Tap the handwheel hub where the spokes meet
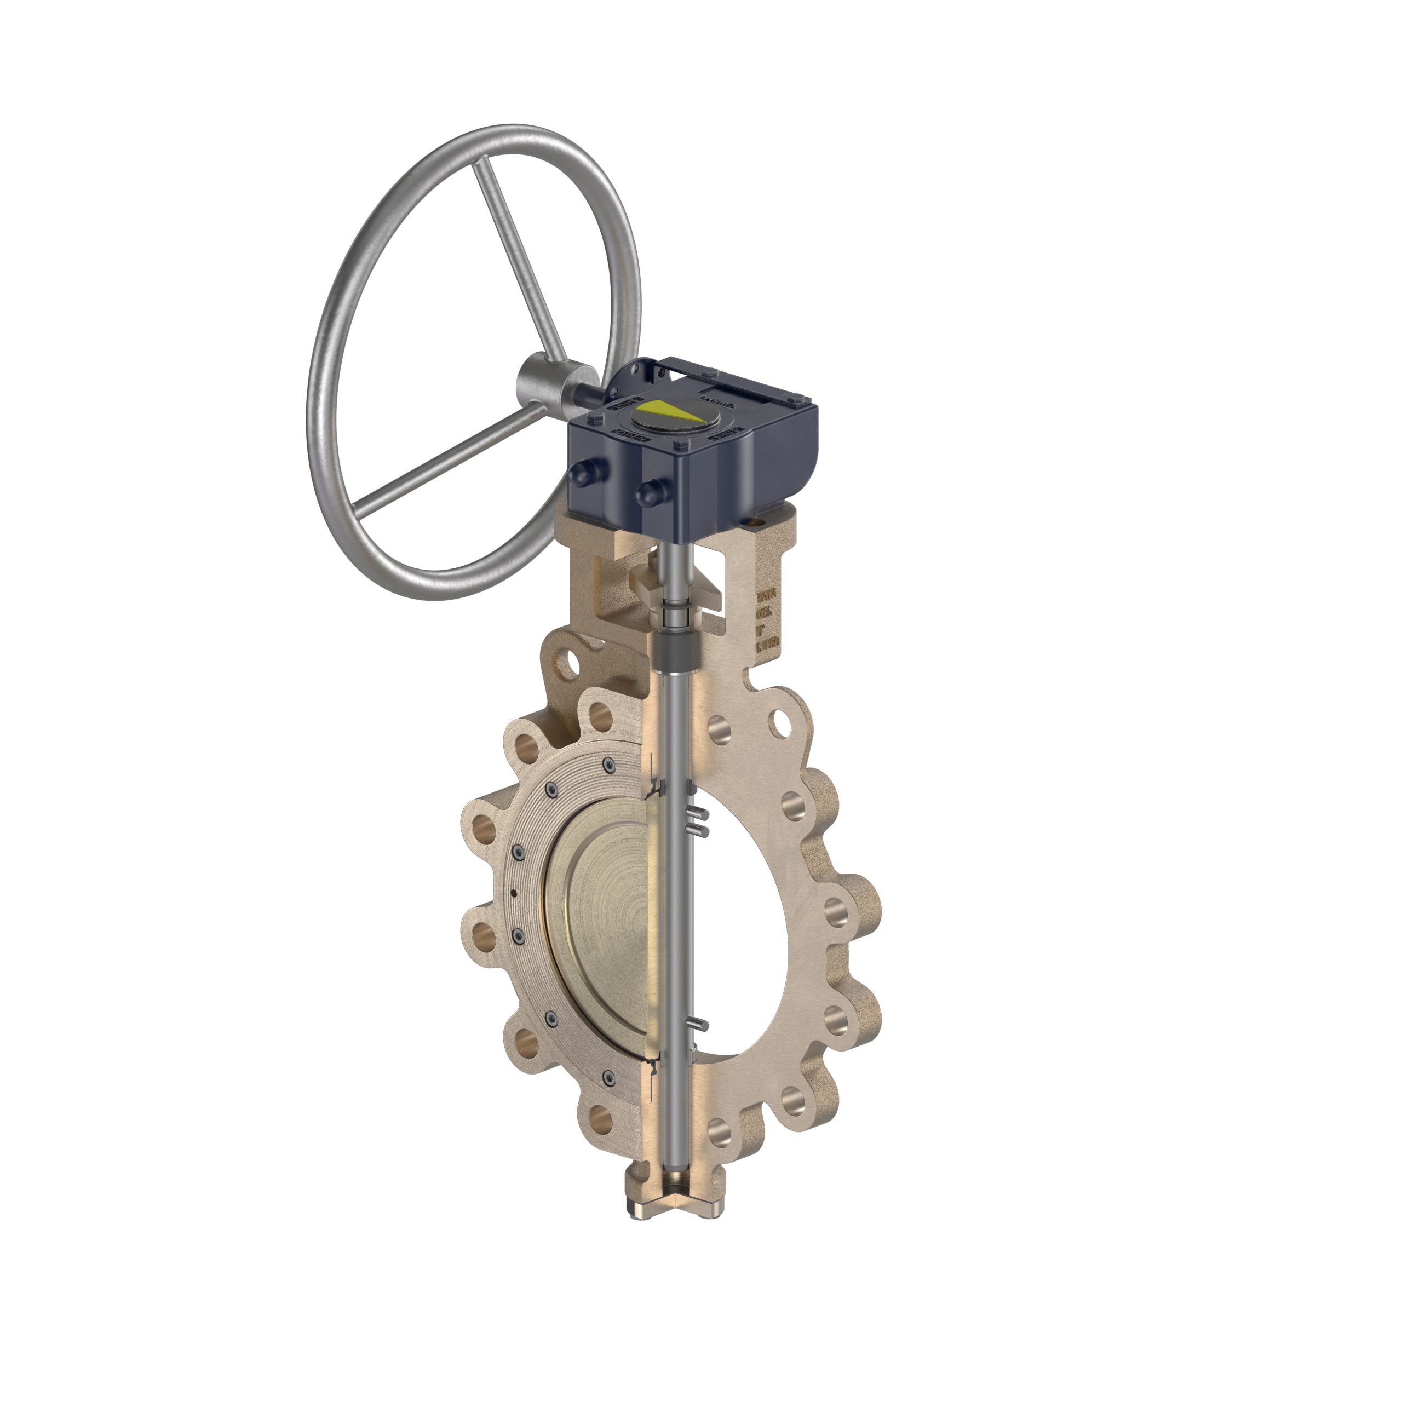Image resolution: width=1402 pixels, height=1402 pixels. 545,382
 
